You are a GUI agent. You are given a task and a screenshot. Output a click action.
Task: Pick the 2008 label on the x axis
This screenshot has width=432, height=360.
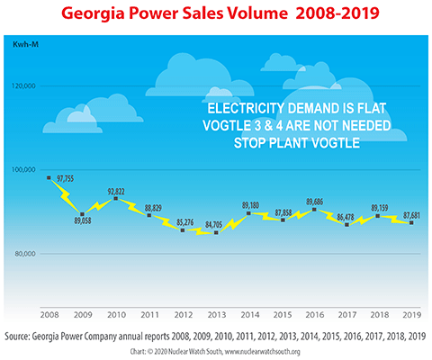49,316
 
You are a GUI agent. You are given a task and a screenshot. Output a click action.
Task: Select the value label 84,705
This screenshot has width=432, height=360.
212,222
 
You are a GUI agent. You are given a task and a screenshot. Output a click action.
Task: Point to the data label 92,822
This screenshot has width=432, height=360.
115,191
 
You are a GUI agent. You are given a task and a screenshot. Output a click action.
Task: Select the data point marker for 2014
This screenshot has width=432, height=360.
247,214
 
